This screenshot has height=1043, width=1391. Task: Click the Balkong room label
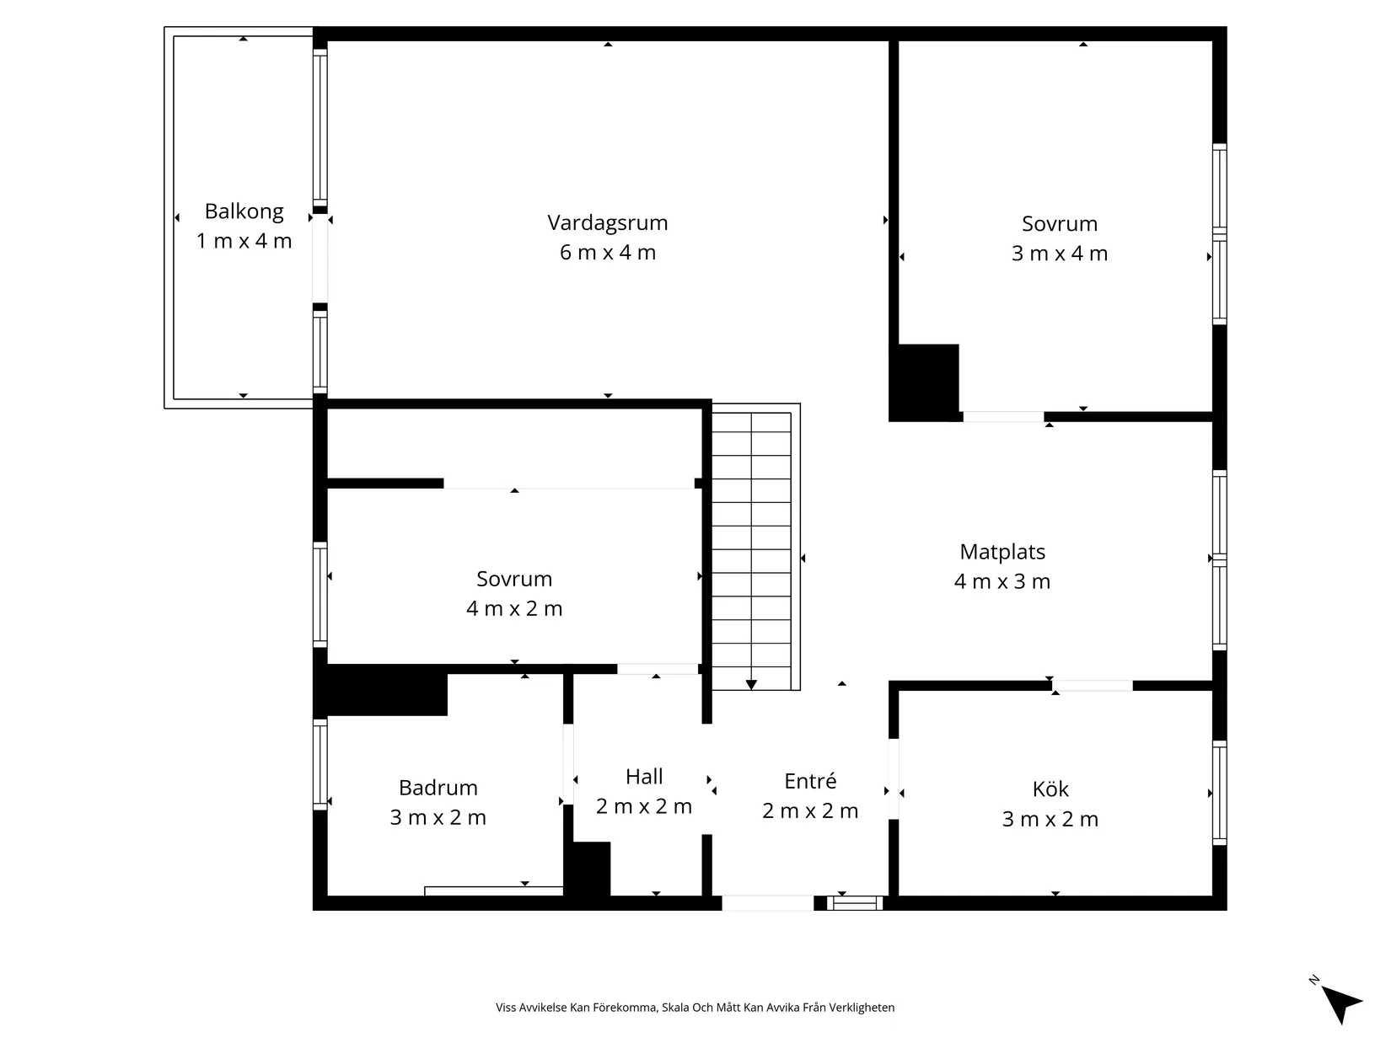244,211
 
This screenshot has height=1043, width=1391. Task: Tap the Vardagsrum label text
607,223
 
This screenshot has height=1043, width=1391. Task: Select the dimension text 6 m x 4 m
607,252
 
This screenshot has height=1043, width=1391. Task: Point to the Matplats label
1002,552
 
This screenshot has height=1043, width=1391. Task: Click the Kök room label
1050,789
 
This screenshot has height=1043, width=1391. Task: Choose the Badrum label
438,788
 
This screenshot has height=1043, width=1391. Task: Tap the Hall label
644,777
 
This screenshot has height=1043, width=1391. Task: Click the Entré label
810,781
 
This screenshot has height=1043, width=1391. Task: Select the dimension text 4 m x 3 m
1002,581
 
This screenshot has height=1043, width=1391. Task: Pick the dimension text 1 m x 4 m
244,241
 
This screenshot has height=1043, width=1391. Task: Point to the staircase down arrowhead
751,685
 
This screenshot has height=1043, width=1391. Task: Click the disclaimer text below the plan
695,1007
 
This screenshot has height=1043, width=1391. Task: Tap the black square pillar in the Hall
591,869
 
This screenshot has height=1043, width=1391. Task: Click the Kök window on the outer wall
1219,792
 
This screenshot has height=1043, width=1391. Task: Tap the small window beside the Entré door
854,903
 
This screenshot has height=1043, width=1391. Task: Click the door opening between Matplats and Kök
1092,685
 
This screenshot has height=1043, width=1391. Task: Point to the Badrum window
320,764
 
